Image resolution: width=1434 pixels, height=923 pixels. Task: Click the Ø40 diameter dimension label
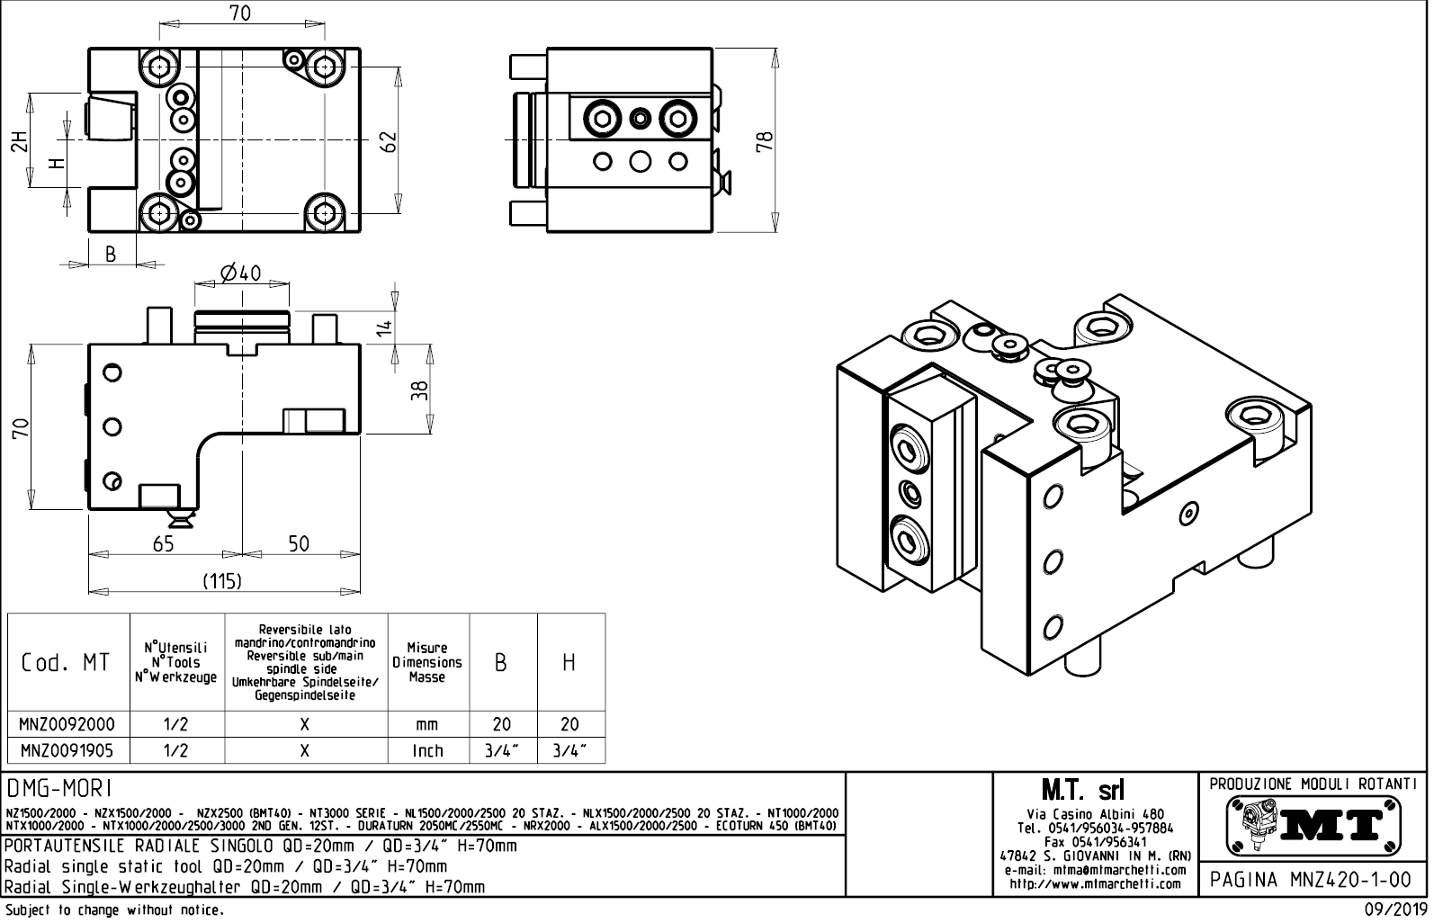coord(240,273)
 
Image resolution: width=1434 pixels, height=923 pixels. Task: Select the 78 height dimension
coord(765,141)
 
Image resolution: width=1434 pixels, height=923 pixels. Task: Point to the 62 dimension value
coord(388,141)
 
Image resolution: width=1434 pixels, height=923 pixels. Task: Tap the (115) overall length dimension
coord(221,581)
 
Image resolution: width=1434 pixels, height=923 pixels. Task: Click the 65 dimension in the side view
coord(163,544)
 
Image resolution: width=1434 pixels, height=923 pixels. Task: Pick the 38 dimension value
coord(419,390)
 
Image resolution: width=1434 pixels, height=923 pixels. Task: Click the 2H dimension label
coord(18,141)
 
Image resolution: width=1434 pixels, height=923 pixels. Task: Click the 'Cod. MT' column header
coord(66,663)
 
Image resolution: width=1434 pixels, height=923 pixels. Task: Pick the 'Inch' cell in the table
coord(427,750)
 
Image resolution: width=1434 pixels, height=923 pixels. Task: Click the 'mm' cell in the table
coord(427,724)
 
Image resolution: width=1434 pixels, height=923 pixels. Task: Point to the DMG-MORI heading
coord(59,789)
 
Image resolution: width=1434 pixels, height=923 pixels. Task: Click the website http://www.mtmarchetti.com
coord(1095,883)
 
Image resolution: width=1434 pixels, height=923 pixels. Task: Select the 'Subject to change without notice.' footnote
coord(113,910)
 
